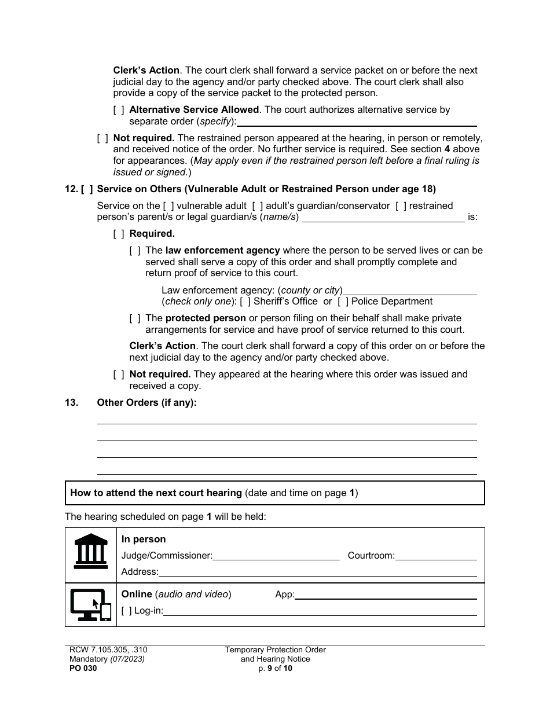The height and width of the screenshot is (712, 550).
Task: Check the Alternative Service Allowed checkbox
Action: click(x=119, y=110)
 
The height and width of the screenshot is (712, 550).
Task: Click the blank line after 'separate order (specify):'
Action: click(x=357, y=122)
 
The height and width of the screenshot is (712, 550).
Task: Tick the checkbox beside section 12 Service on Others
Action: click(x=87, y=189)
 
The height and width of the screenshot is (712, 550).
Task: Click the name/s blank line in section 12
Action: click(x=383, y=218)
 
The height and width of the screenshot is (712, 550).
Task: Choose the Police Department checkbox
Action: click(x=343, y=302)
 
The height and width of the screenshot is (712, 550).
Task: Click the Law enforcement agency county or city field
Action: click(x=410, y=291)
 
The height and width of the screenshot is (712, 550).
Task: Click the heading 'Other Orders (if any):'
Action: click(x=146, y=403)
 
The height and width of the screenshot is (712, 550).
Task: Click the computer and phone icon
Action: click(x=91, y=605)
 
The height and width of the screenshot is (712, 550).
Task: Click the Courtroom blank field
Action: click(x=436, y=556)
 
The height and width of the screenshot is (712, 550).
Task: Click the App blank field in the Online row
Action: click(x=386, y=595)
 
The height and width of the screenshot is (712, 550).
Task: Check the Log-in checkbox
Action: click(x=126, y=611)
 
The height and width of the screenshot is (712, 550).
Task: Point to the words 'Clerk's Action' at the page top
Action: click(x=146, y=71)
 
